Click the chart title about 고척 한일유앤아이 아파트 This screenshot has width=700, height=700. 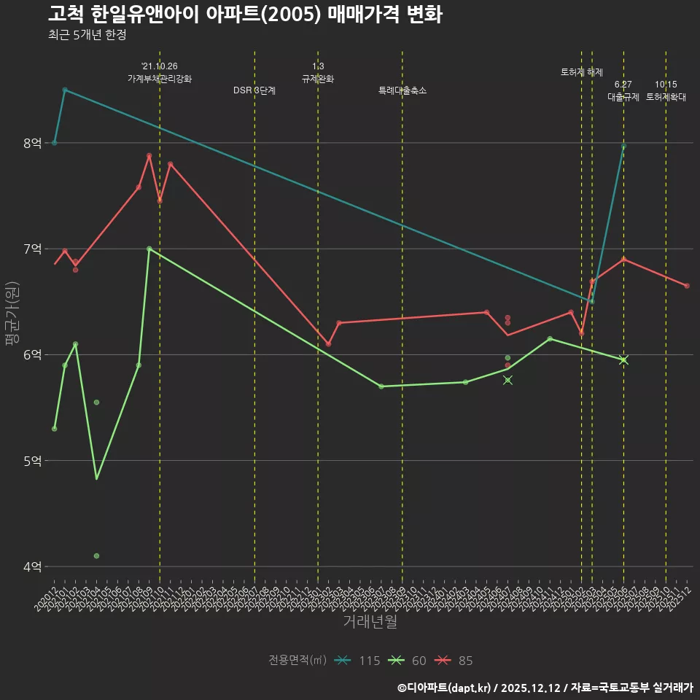click(x=245, y=15)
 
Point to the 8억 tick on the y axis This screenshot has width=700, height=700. click(x=33, y=143)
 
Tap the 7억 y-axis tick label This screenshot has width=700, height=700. click(x=33, y=249)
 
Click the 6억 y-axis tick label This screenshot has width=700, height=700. click(x=33, y=355)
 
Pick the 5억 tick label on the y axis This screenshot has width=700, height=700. click(x=33, y=461)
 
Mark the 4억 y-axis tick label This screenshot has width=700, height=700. click(x=33, y=567)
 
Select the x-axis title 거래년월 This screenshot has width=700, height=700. click(x=370, y=622)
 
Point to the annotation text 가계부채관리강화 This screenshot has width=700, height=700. click(x=160, y=79)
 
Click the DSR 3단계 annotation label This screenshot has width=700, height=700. click(x=254, y=90)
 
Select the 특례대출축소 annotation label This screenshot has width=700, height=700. click(x=402, y=90)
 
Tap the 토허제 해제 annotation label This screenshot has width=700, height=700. click(x=582, y=72)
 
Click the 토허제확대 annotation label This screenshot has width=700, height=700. click(x=666, y=96)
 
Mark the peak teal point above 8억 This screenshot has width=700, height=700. click(x=65, y=90)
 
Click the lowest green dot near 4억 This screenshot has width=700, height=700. click(x=96, y=556)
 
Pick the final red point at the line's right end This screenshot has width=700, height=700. click(x=687, y=286)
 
